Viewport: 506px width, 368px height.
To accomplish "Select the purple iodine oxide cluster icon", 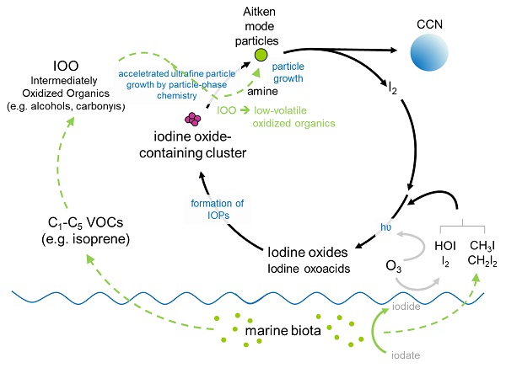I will pos(194,120).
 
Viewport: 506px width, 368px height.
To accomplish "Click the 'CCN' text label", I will pos(437,13).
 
